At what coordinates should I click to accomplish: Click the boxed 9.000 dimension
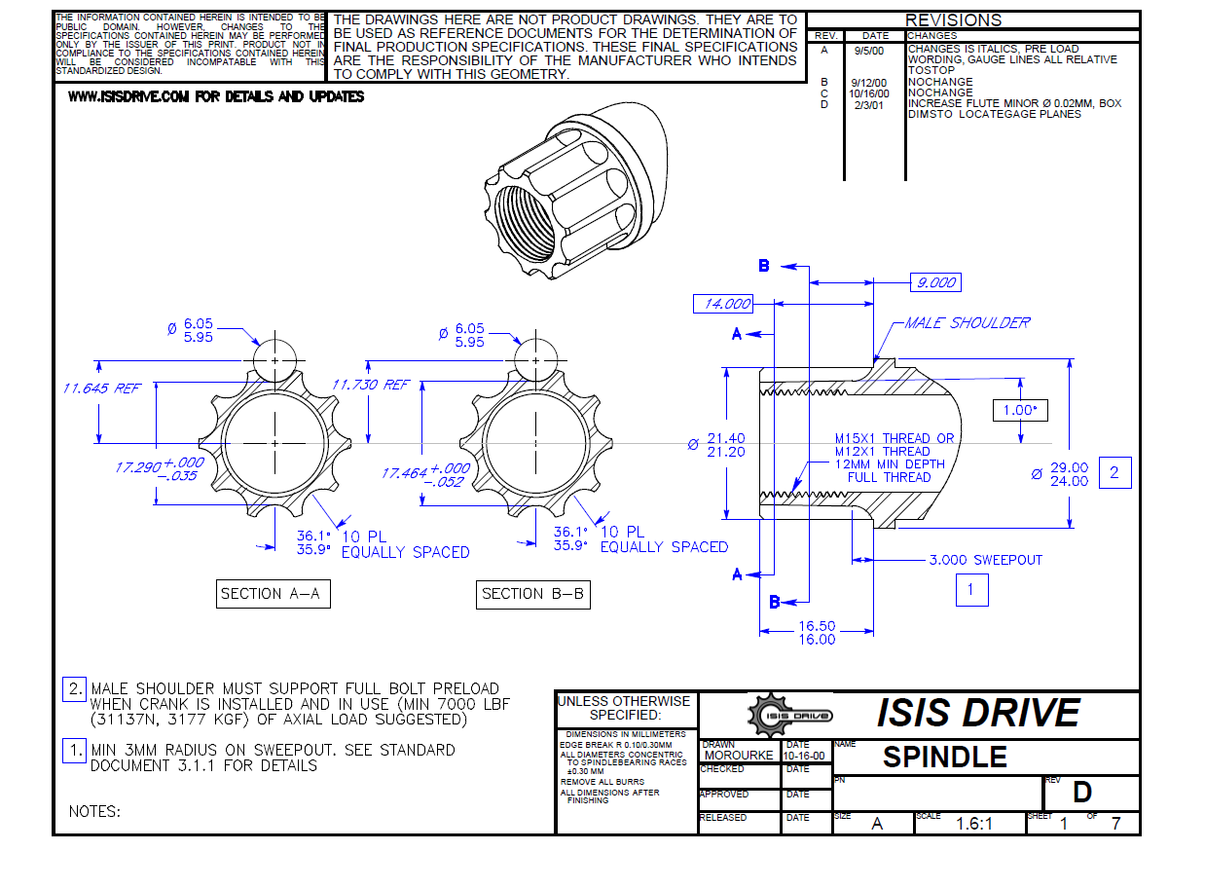935,282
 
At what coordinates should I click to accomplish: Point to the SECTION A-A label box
274,594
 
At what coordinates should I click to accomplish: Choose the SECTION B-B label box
533,594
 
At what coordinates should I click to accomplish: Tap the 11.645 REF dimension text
101,388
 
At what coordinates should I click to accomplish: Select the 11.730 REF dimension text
371,385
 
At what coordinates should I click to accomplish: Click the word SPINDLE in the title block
945,758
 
